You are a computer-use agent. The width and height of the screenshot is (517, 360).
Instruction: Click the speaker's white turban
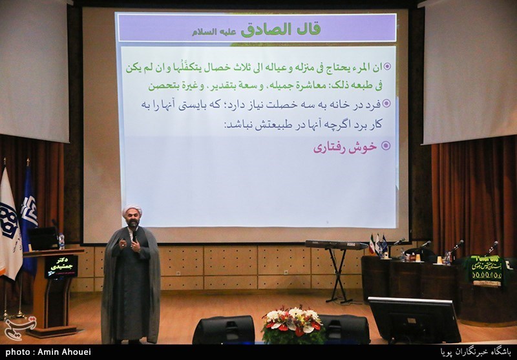[x=132, y=212]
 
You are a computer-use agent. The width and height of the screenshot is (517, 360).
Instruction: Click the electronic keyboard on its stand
[x=337, y=245]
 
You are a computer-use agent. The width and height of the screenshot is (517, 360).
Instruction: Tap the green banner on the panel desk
[x=485, y=268]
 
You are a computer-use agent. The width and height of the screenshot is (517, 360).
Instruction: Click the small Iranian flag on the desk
[x=371, y=244]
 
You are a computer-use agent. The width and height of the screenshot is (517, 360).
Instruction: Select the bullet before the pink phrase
[x=386, y=146]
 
